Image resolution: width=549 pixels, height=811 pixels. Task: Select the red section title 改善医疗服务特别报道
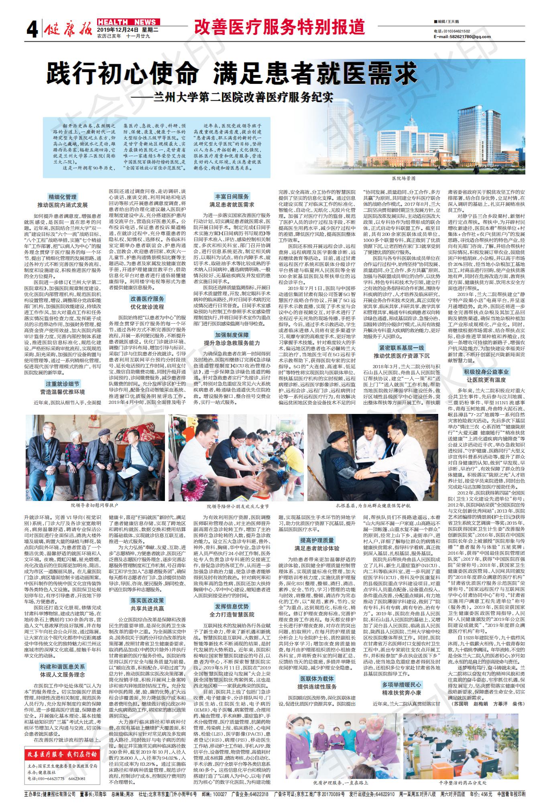point(279,27)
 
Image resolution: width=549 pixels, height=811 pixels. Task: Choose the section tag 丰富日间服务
point(232,197)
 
